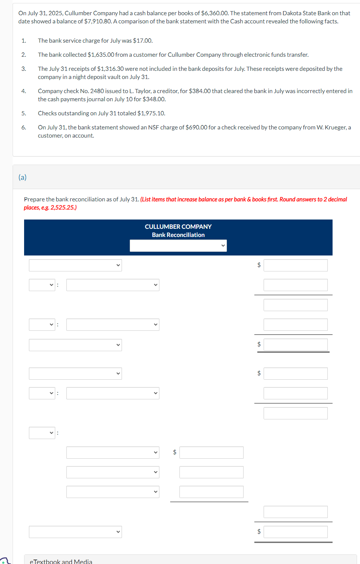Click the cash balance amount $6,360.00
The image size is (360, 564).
click(x=215, y=13)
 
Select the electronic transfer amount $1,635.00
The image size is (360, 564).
click(x=101, y=55)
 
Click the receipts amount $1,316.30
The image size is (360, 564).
click(x=110, y=69)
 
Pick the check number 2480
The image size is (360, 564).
click(x=97, y=91)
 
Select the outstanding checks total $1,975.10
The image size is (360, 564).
click(x=151, y=113)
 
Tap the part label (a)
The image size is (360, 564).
click(x=23, y=177)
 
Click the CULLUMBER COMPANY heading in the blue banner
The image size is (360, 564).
click(x=178, y=227)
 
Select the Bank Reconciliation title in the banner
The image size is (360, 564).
click(x=178, y=235)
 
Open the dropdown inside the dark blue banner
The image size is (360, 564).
click(x=178, y=245)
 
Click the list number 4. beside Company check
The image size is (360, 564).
click(x=24, y=91)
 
